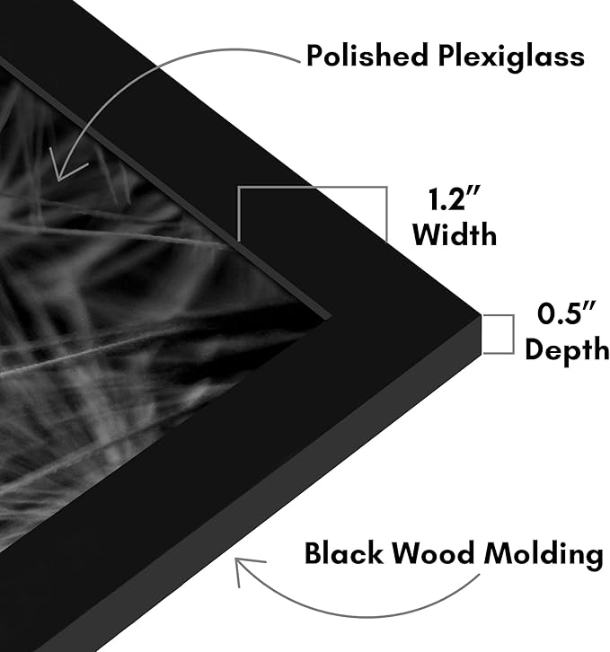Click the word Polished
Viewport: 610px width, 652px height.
point(367,56)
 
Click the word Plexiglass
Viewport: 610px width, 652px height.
point(511,57)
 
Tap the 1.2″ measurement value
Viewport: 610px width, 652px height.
point(455,198)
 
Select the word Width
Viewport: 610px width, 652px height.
point(455,234)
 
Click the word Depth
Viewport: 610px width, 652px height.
point(567,350)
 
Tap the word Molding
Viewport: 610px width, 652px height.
point(544,556)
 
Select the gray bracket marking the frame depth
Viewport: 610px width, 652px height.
point(514,334)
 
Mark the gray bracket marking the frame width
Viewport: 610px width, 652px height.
point(312,188)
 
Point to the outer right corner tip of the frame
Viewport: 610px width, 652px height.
point(482,314)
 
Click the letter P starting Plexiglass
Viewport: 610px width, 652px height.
point(447,56)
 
